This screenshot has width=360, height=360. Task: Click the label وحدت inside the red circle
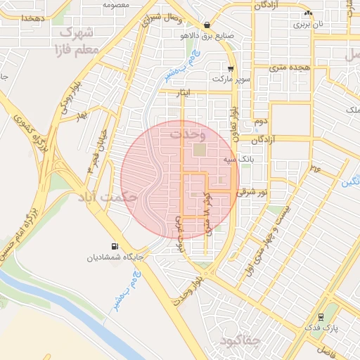tap(188, 132)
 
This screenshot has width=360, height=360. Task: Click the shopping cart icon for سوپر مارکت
tap(231, 69)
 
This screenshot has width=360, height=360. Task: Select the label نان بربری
tap(310, 24)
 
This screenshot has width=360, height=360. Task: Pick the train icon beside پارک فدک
tap(321, 316)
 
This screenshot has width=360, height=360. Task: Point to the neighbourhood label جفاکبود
tap(239, 342)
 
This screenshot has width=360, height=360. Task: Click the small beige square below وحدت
tap(200, 150)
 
